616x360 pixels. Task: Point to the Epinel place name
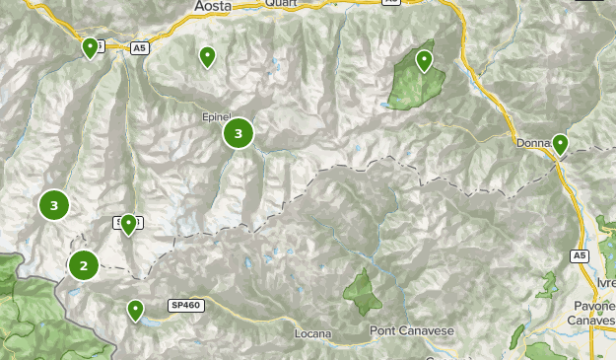click(216, 116)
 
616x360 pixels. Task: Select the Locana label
click(313, 333)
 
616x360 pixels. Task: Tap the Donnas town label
click(533, 143)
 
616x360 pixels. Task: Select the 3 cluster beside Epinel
click(239, 132)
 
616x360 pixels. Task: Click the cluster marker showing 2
click(84, 264)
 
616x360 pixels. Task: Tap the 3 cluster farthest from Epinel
click(54, 205)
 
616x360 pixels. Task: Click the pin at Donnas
click(560, 144)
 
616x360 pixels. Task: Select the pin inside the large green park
click(424, 60)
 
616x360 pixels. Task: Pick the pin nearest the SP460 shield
click(135, 311)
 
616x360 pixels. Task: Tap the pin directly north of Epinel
click(207, 56)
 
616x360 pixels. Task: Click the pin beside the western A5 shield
click(91, 46)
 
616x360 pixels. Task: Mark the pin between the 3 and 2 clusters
click(128, 224)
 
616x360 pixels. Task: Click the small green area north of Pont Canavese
click(362, 291)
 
